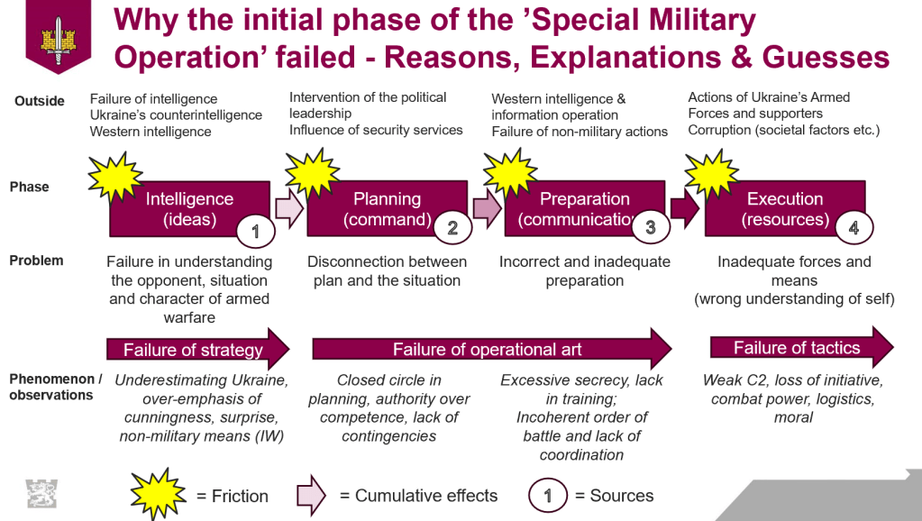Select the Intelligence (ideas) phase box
click(x=189, y=209)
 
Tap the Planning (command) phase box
click(x=387, y=209)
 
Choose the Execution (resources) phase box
click(x=785, y=209)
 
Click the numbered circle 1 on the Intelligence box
click(x=255, y=232)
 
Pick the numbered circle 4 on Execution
click(x=854, y=228)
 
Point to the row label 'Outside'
click(x=40, y=101)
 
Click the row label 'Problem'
click(x=36, y=260)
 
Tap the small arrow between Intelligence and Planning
click(x=288, y=209)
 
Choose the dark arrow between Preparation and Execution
click(x=684, y=209)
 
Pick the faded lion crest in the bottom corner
click(x=41, y=494)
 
